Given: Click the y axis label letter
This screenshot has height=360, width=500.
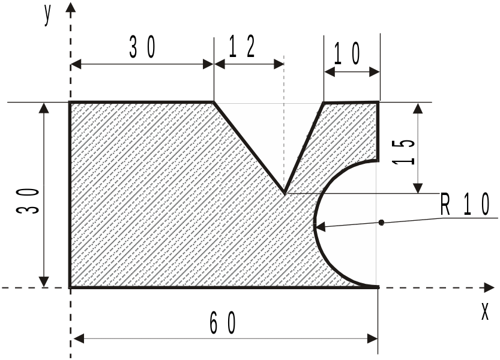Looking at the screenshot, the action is (47, 16).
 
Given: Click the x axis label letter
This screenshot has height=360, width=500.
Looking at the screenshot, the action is (485, 311).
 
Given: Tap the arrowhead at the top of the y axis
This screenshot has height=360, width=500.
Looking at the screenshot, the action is (70, 7).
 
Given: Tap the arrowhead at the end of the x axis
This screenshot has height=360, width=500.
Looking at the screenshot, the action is (489, 287).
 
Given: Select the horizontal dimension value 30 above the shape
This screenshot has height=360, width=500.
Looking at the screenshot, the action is (142, 47).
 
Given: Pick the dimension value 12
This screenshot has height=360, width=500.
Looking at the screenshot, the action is (242, 47).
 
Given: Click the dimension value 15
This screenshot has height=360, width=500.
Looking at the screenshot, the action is (404, 152).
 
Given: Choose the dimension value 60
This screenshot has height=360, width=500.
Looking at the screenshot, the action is (223, 323).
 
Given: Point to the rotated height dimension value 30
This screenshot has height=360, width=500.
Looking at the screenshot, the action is (28, 201).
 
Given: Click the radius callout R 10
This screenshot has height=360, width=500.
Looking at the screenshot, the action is (465, 205).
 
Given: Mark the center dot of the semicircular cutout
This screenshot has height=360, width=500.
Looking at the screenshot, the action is (381, 222).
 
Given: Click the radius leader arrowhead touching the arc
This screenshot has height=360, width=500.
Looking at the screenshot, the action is (319, 227).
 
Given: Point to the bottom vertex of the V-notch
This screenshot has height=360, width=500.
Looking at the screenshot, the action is (285, 193).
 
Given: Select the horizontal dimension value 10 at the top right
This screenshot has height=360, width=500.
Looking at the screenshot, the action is (347, 53).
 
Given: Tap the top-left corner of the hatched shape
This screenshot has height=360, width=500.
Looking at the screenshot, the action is (70, 103).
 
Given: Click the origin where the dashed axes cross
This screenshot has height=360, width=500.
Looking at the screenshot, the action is (70, 287).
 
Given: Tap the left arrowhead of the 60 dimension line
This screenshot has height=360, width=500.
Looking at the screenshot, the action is (79, 338).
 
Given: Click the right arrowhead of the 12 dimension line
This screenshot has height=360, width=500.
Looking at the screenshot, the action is (279, 64).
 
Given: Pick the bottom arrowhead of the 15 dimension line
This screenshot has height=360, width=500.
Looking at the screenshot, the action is (418, 188).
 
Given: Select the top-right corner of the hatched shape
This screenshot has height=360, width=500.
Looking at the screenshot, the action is (379, 102).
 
